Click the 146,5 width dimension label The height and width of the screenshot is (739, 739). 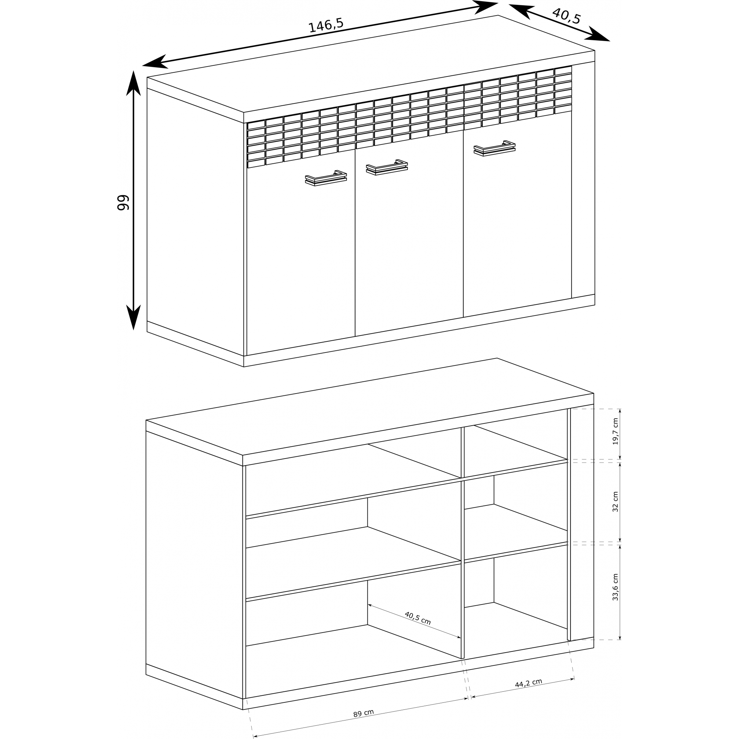(326, 25)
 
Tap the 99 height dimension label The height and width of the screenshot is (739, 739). (123, 202)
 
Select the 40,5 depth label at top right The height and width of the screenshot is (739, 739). (566, 16)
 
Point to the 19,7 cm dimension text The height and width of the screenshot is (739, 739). (615, 432)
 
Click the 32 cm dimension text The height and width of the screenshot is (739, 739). (615, 502)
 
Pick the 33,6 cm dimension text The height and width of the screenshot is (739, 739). (615, 587)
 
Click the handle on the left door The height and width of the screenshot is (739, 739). (326, 178)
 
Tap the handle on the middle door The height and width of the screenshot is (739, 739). (387, 167)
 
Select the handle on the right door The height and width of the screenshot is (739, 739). (495, 149)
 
